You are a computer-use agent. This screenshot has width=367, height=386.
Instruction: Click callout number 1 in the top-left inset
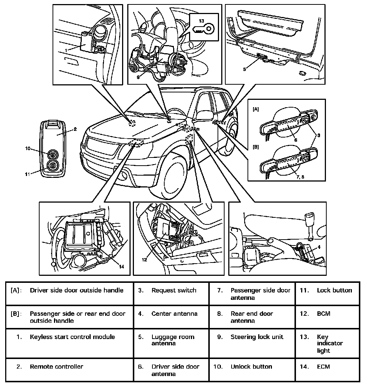click(x=65, y=49)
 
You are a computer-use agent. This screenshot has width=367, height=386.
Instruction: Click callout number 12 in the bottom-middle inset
click(x=144, y=260)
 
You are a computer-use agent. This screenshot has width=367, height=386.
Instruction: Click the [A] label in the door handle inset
click(x=256, y=110)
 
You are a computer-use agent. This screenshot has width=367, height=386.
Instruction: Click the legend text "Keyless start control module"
click(x=72, y=337)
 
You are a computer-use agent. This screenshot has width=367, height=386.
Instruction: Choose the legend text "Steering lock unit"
click(x=257, y=337)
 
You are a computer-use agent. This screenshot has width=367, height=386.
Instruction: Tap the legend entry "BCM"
click(x=323, y=314)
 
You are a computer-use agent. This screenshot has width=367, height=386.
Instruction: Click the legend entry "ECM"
click(x=323, y=366)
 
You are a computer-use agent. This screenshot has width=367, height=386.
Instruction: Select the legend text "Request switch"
click(x=174, y=290)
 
